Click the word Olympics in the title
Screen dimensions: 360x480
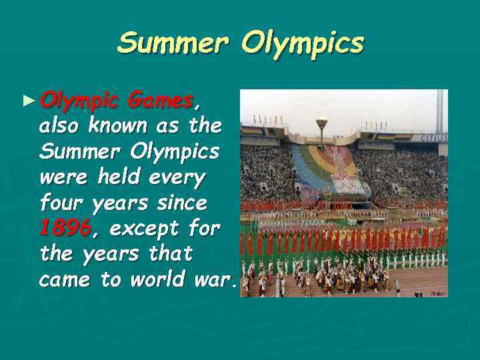303,45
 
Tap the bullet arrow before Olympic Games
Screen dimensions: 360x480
27,101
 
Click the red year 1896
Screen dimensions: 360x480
65,229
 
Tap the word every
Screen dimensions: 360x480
178,178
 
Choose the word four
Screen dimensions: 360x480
61,203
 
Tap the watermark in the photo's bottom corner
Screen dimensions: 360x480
437,293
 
